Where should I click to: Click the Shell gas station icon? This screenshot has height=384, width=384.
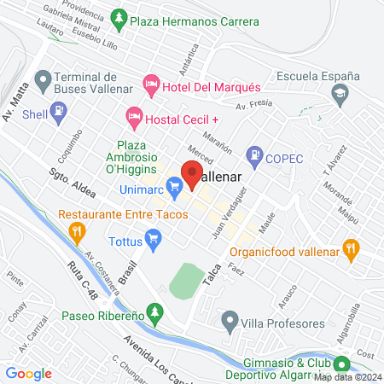coord(58,110)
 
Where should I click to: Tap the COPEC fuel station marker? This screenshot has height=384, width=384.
coord(253,156)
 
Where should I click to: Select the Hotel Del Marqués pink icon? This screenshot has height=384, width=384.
coord(152,83)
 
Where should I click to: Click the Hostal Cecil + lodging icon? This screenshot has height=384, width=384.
coord(133,115)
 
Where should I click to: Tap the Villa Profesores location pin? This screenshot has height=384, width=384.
coord(229,323)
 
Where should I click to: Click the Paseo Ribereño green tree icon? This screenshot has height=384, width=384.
coord(154,315)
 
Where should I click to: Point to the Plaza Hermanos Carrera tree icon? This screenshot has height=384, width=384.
coord(119,17)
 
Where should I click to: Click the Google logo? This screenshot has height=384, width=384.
coord(29,373)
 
